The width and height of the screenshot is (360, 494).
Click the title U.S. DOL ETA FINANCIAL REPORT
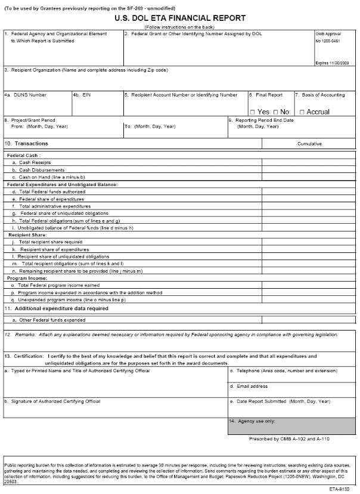click(180, 18)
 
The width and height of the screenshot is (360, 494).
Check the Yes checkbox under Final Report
click(252, 112)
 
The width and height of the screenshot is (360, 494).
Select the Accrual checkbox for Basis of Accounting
click(303, 112)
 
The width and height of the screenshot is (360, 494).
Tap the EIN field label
click(83, 95)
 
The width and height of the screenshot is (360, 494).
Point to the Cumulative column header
click(309, 144)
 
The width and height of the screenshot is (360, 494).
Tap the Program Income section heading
click(26, 278)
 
